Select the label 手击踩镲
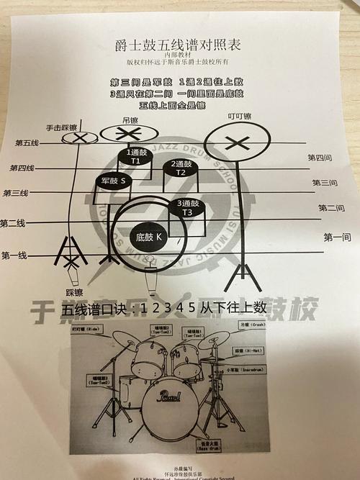(x=60, y=127)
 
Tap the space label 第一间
(x=337, y=237)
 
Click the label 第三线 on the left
(x=16, y=194)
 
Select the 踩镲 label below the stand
(x=75, y=293)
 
